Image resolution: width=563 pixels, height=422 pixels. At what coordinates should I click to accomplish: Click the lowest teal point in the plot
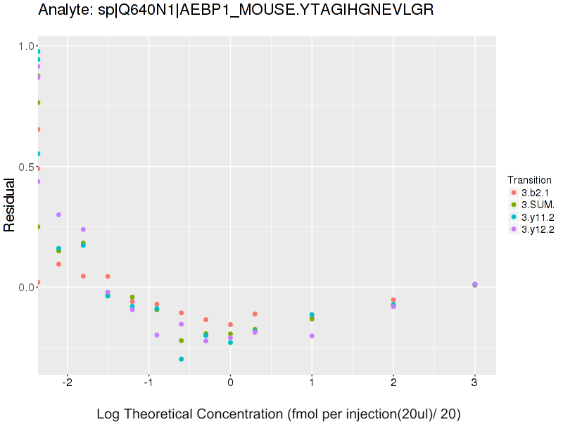click(x=182, y=359)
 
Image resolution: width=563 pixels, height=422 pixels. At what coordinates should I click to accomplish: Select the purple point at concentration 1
click(x=312, y=336)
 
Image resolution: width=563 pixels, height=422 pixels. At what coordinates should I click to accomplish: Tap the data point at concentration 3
click(x=475, y=284)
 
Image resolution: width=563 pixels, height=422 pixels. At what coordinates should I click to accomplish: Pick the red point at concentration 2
click(x=393, y=300)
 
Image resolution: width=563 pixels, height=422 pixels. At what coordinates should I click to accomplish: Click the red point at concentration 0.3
click(x=255, y=314)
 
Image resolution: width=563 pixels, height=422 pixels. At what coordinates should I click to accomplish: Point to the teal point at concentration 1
click(x=312, y=315)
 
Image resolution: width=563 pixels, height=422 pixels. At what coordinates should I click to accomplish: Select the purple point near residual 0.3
click(x=58, y=215)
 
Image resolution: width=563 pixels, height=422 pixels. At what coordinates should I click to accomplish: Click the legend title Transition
click(x=529, y=180)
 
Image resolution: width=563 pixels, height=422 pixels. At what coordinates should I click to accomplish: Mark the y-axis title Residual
click(x=11, y=205)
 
